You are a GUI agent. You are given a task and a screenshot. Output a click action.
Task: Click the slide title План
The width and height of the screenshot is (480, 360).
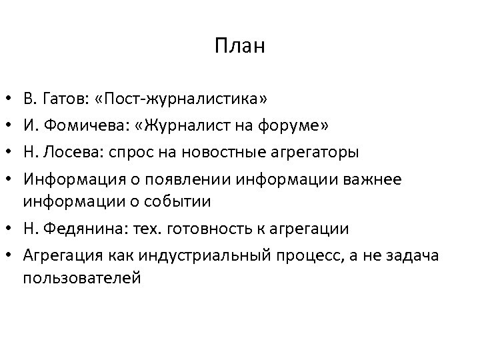tap(240, 47)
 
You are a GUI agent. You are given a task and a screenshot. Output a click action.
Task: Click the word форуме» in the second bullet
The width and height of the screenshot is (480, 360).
tap(303, 127)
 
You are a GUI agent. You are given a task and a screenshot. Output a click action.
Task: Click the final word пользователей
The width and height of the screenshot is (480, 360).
tap(82, 277)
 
